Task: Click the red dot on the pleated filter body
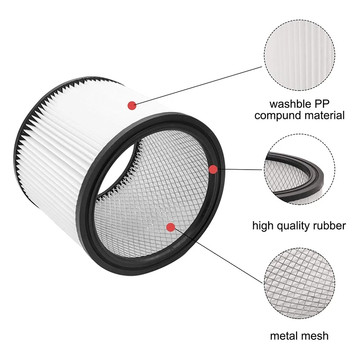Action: [x=132, y=105]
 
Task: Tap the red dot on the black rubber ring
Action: [x=213, y=169]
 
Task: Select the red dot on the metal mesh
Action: [x=170, y=227]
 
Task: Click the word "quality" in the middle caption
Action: [x=295, y=225]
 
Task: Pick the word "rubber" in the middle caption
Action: [x=330, y=225]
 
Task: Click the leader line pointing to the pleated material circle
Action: [x=198, y=86]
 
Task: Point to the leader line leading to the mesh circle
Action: [x=216, y=255]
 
